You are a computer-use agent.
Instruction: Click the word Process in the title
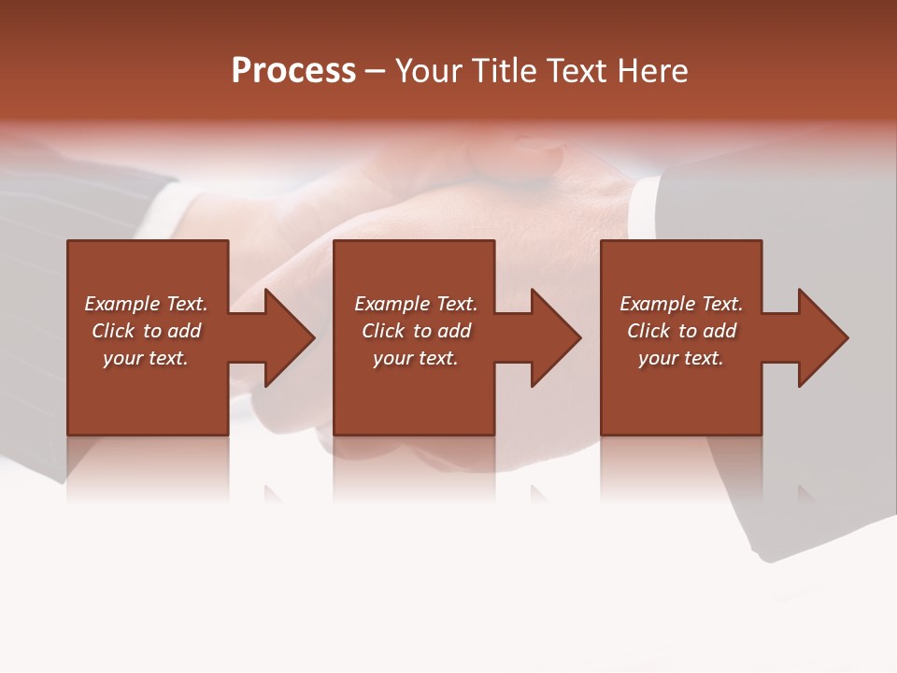click(x=293, y=71)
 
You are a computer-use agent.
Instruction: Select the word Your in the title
click(x=430, y=71)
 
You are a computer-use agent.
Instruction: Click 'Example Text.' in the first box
click(x=146, y=304)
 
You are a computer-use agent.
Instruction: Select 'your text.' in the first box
click(x=146, y=358)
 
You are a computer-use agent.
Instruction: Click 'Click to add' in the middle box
click(x=416, y=331)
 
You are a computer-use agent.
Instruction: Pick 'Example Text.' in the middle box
click(x=416, y=304)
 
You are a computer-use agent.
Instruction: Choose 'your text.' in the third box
click(x=681, y=358)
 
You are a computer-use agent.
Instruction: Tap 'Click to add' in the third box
click(x=681, y=331)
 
